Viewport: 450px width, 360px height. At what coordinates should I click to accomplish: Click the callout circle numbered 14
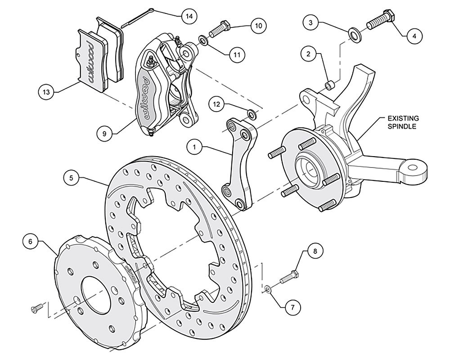pyautogui.click(x=189, y=16)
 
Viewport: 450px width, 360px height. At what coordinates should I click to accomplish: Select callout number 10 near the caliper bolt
pyautogui.click(x=257, y=26)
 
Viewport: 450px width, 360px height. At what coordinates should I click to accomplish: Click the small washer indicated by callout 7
pyautogui.click(x=267, y=288)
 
